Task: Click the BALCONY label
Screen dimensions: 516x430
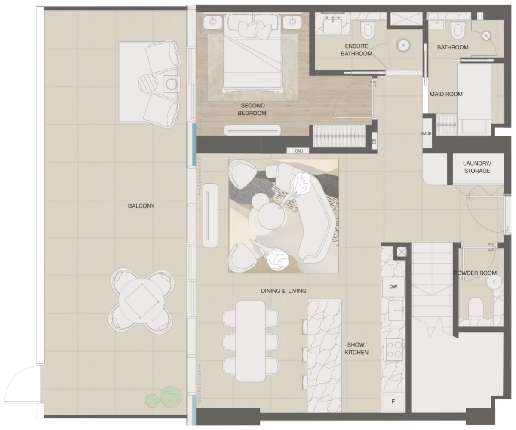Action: (141, 206)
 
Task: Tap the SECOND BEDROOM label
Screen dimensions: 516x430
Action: (252, 110)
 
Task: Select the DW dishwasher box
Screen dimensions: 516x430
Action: (393, 287)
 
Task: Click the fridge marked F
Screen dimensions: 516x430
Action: (393, 401)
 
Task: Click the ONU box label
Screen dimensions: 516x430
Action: (299, 151)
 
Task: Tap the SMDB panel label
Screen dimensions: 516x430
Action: (426, 133)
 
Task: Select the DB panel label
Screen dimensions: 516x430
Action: (374, 141)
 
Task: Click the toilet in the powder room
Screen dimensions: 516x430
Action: (476, 307)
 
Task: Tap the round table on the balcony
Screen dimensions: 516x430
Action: (141, 301)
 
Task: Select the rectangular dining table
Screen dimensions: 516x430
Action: (251, 341)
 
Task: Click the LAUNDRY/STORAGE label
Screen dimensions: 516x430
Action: (477, 167)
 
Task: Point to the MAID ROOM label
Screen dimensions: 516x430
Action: (446, 94)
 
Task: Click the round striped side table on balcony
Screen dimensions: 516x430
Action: (147, 83)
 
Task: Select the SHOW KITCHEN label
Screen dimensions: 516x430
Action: (356, 348)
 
